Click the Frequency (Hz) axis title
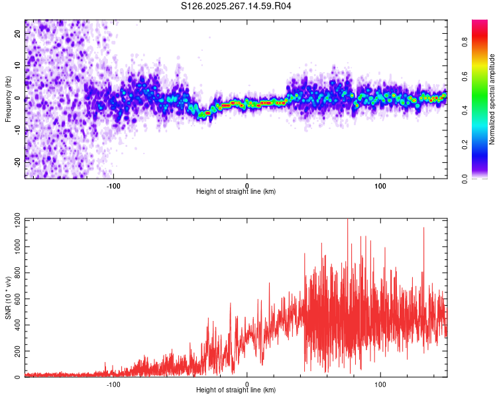8,99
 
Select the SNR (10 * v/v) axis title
8,298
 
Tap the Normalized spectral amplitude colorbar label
492,99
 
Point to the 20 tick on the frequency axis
18,35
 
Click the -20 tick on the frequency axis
18,161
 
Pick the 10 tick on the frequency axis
18,66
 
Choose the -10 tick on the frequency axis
18,130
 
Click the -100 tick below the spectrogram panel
113,185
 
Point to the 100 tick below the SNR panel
381,383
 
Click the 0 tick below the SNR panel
247,383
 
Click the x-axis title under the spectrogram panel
236,192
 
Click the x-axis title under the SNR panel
236,390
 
